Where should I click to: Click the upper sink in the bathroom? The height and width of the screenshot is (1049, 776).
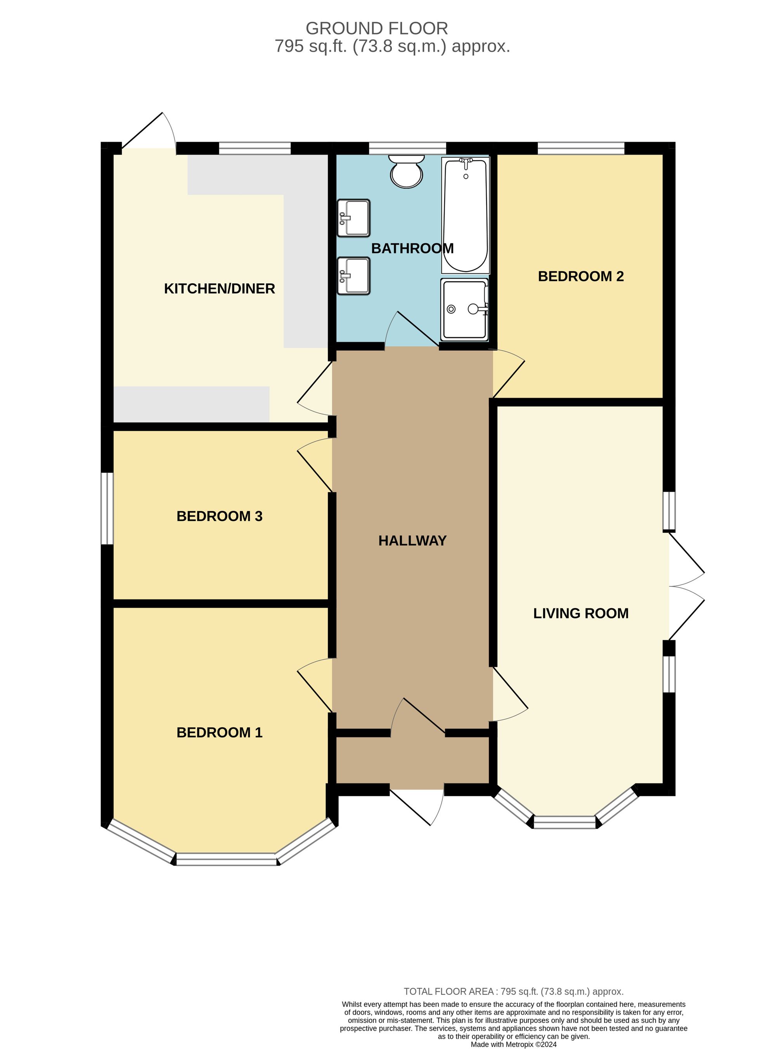pos(354,218)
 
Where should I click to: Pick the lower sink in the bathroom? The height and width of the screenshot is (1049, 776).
pos(354,276)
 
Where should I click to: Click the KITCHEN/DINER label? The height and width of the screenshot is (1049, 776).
pos(219,288)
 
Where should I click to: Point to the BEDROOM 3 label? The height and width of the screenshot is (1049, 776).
pos(219,516)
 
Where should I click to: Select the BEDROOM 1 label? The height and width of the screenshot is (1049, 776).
pos(219,732)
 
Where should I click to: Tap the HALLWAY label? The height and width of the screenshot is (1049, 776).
pos(412,541)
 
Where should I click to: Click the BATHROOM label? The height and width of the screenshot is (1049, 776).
pos(412,248)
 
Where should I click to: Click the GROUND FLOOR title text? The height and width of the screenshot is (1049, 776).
pos(376,29)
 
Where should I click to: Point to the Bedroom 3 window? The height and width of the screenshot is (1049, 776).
pos(107,508)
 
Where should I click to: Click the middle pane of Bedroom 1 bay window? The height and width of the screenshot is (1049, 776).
pos(227,859)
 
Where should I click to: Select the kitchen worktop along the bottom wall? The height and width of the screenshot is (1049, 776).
pos(191,404)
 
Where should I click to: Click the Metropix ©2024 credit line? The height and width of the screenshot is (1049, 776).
pos(513,1044)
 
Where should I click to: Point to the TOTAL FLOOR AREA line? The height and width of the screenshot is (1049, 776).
pos(513,992)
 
